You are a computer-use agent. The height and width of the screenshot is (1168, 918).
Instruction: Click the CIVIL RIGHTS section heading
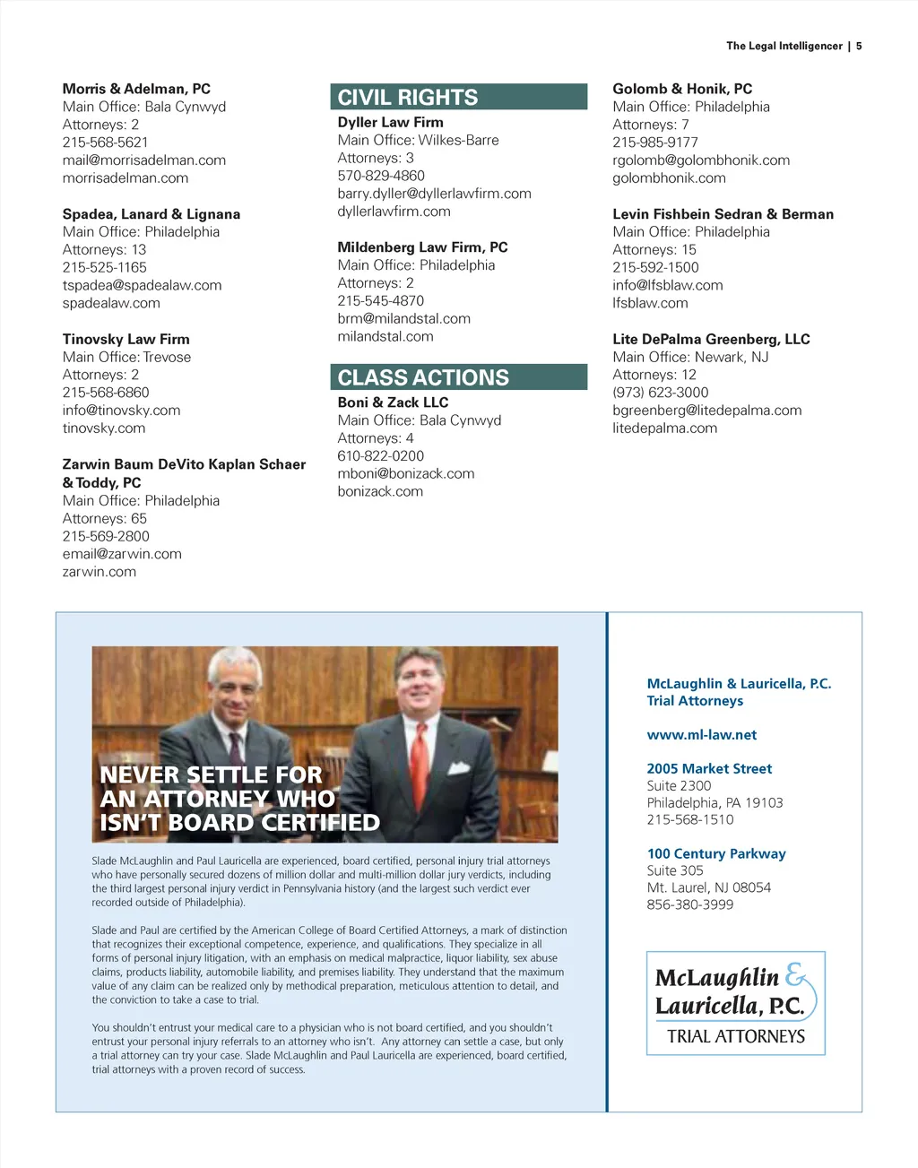pos(408,97)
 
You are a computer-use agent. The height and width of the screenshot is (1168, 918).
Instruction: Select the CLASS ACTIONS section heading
pos(423,377)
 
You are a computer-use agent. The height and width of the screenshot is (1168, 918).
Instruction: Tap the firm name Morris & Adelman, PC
pos(136,89)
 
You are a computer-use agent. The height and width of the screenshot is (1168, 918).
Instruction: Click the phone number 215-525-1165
pos(104,267)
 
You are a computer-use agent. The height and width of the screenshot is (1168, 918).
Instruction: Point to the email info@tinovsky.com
pos(121,411)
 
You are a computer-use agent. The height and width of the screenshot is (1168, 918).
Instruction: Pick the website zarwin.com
pos(99,572)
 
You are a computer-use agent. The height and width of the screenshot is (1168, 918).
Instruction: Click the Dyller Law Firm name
pos(390,122)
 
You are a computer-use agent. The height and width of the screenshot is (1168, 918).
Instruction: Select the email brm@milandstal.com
pos(403,319)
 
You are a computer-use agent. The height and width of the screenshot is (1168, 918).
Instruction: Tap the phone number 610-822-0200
pos(380,455)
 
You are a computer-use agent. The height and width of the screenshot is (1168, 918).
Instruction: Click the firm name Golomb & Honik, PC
pos(682,89)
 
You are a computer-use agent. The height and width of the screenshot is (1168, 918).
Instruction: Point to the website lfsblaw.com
pos(650,303)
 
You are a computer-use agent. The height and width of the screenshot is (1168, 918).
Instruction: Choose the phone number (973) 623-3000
pos(660,393)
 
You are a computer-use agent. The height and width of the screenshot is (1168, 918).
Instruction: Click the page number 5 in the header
pos(859,46)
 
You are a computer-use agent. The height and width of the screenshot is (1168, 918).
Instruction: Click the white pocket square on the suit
pos(458,767)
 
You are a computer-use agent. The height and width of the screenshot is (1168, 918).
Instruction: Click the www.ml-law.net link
pos(701,735)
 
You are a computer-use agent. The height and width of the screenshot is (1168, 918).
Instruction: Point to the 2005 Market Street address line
pos(709,768)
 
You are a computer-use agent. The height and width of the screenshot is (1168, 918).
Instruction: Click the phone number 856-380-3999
pos(689,904)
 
